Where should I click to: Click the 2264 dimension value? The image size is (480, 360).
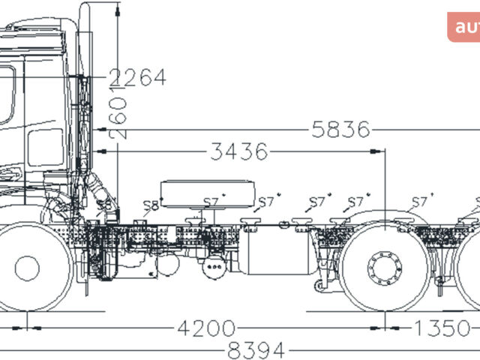click(137, 77)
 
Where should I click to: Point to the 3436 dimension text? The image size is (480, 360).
click(238, 152)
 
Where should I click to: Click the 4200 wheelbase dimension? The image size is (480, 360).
click(205, 328)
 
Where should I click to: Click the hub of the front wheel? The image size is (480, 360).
click(27, 268)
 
